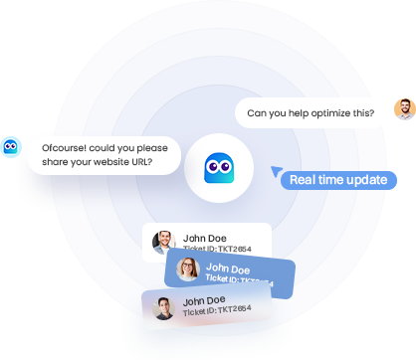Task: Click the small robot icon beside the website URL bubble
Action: pyautogui.click(x=11, y=146)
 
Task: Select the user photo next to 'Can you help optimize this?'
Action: pyautogui.click(x=404, y=110)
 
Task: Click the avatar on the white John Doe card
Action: pyautogui.click(x=164, y=242)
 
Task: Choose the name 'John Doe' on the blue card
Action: pyautogui.click(x=228, y=267)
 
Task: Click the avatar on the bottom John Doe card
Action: pyautogui.click(x=164, y=306)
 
